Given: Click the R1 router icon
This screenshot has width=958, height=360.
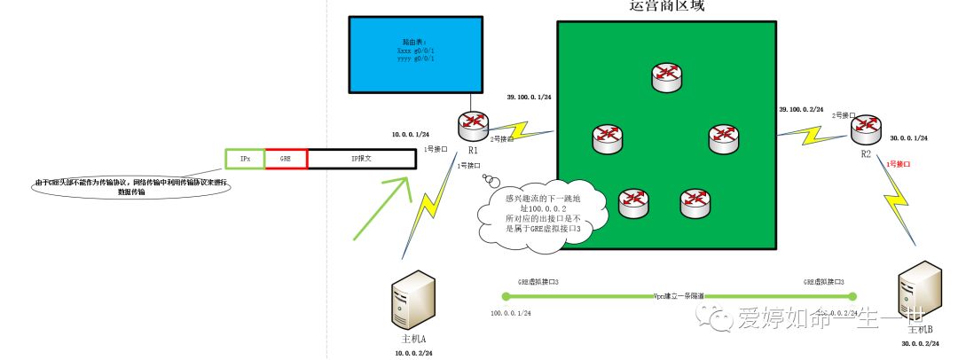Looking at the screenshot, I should click(x=472, y=123).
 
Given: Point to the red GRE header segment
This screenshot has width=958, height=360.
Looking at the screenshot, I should click(x=286, y=159).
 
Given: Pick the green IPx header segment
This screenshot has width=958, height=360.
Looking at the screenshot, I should click(x=244, y=159).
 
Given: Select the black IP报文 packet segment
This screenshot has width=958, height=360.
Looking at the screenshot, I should click(x=361, y=159).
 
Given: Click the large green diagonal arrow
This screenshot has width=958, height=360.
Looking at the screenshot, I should click(x=381, y=208).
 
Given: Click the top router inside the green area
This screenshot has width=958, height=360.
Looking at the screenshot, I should click(x=667, y=78).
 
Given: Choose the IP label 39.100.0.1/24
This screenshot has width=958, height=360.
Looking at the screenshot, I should click(x=530, y=97).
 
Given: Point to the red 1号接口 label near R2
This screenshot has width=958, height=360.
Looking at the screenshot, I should click(x=899, y=165).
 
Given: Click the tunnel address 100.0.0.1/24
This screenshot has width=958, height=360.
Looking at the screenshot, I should click(x=511, y=313).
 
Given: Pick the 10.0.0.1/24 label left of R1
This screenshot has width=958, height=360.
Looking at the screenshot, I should click(x=410, y=135).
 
